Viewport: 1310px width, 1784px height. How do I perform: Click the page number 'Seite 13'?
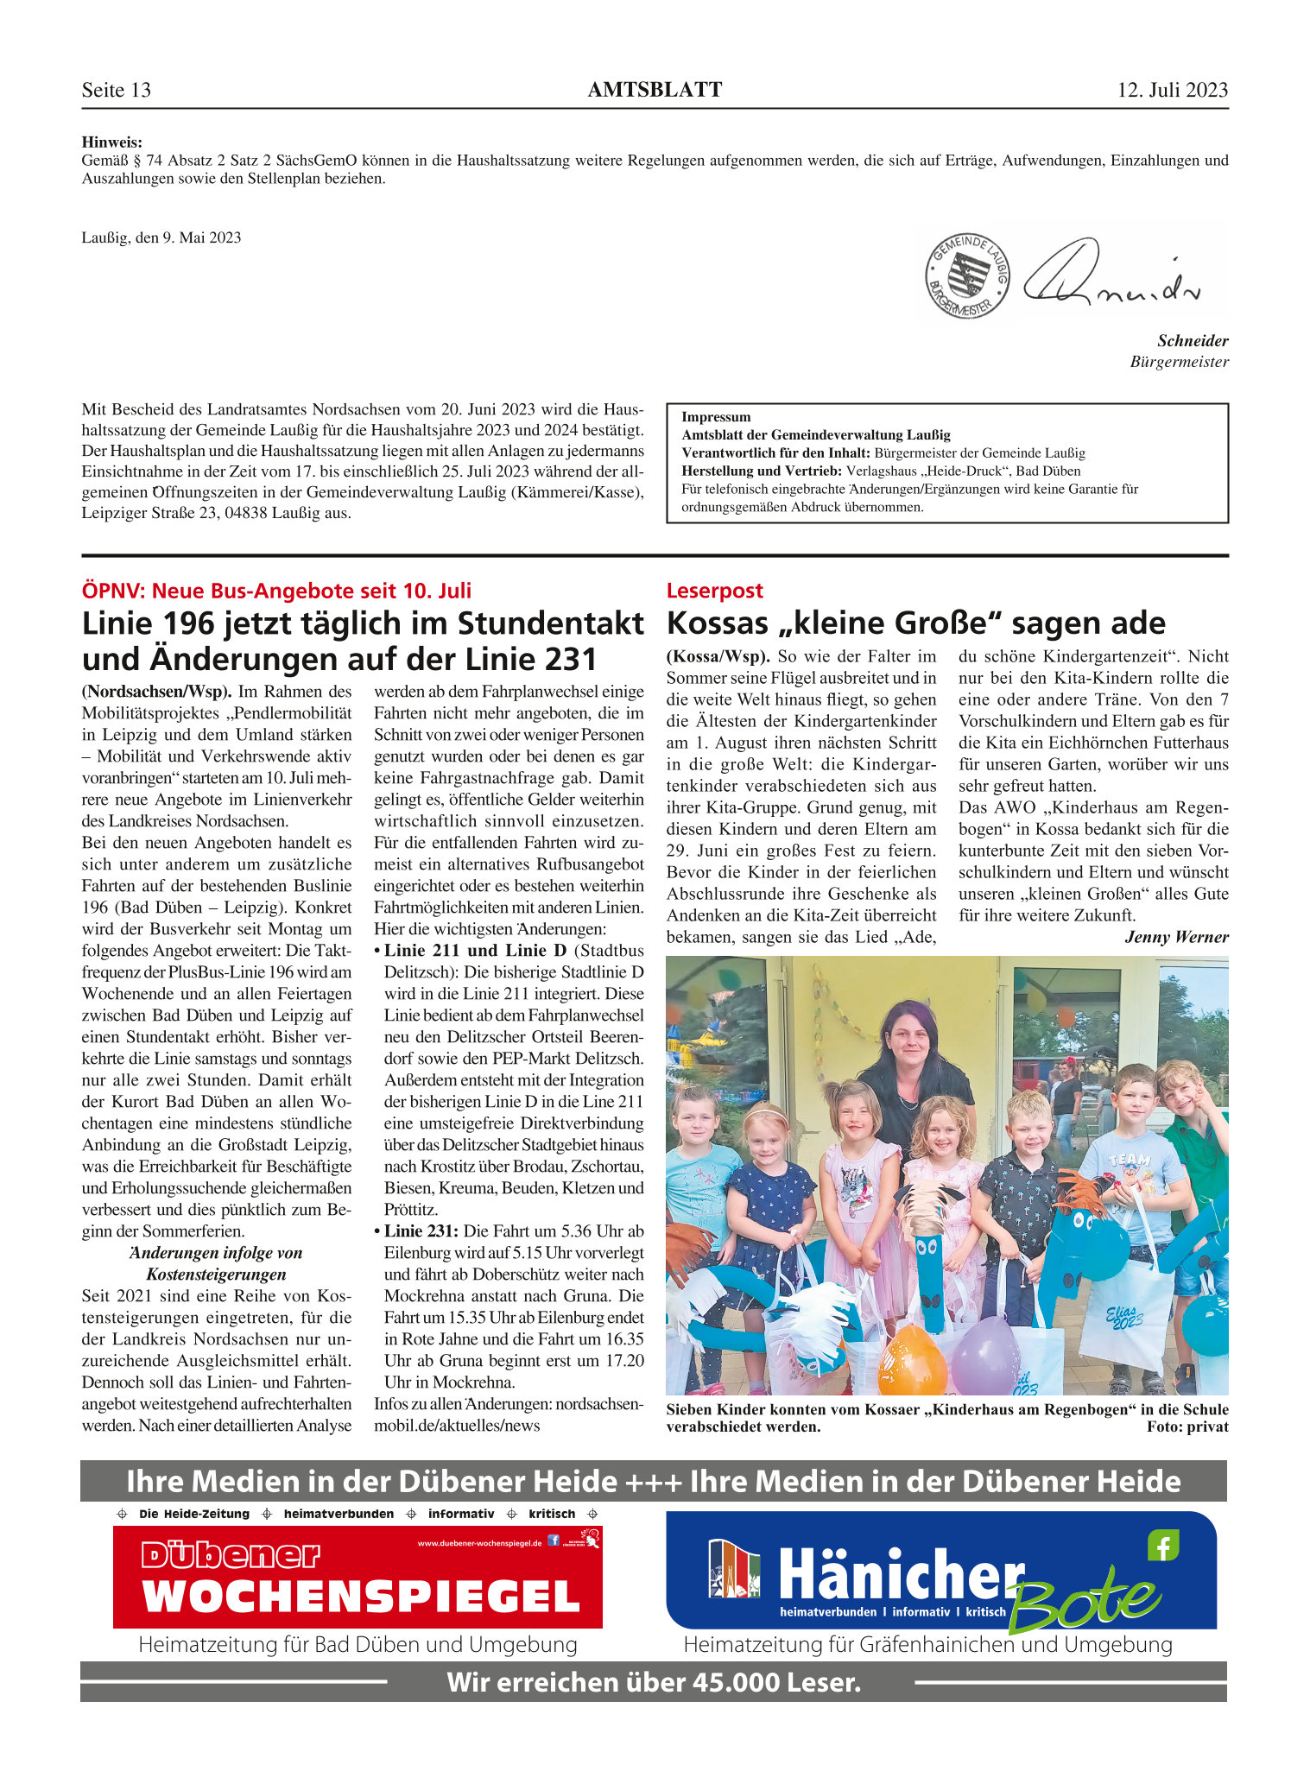click(x=117, y=90)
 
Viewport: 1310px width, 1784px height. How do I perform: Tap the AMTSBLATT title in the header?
click(x=655, y=90)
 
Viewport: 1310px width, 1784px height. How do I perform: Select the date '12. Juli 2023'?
click(x=1172, y=90)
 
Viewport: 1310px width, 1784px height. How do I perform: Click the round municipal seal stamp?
click(x=966, y=276)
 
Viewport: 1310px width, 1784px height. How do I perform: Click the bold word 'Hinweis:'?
click(x=112, y=142)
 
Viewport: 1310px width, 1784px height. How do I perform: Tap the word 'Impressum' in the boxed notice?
click(x=716, y=417)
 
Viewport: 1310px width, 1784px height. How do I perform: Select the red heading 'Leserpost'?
click(x=714, y=591)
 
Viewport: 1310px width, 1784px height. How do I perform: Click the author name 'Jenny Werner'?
click(x=1176, y=937)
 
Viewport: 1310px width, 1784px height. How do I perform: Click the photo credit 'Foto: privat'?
click(x=1187, y=1427)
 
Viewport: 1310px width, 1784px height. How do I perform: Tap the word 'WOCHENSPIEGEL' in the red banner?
click(x=361, y=1597)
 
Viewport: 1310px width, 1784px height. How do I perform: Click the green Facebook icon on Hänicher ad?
click(x=1162, y=1546)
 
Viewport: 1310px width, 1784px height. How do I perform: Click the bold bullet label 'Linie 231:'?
click(x=421, y=1231)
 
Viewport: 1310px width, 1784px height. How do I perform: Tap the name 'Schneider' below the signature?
click(x=1193, y=341)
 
